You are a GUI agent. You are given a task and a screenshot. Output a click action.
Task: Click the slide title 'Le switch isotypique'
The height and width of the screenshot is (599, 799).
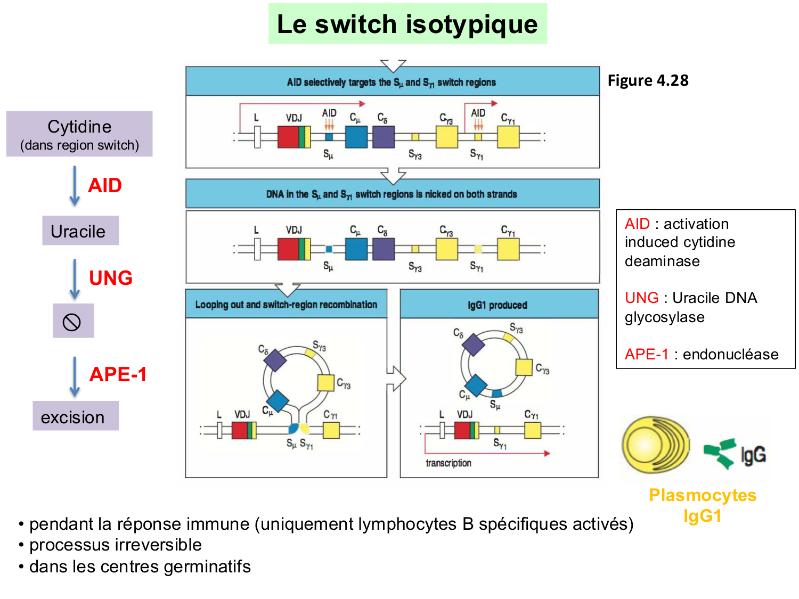point(407,24)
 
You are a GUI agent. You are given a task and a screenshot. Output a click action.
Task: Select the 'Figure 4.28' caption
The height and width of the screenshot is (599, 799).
point(648,80)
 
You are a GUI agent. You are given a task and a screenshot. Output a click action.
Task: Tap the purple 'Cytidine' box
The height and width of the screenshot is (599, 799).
point(79,134)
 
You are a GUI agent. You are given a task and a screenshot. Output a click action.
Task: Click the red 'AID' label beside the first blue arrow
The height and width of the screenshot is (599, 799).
point(105,186)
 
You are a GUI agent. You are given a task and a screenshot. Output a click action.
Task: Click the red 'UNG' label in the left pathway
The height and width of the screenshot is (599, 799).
point(110,278)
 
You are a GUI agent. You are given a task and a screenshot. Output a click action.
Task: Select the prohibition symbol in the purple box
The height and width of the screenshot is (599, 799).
point(72,322)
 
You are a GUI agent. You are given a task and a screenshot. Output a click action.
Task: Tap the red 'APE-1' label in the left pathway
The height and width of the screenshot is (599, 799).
point(118,374)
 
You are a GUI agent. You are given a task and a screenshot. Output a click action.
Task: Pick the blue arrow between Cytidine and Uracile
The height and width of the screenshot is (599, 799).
point(75,186)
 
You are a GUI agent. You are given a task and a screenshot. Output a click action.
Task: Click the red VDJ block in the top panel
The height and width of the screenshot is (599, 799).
point(288,137)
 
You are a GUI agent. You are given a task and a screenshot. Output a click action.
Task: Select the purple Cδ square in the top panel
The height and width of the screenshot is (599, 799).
point(384,137)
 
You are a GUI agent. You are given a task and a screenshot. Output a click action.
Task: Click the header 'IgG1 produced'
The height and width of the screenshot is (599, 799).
point(498,305)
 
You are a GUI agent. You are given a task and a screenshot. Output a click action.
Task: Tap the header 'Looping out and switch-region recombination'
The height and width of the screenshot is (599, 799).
point(286,305)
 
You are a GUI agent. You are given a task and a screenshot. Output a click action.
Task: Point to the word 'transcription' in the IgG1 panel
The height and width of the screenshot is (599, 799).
point(448,463)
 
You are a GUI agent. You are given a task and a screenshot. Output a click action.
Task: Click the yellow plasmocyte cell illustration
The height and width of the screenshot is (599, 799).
point(655,446)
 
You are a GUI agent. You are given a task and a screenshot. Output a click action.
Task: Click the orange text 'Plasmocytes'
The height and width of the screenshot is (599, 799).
point(703,495)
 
